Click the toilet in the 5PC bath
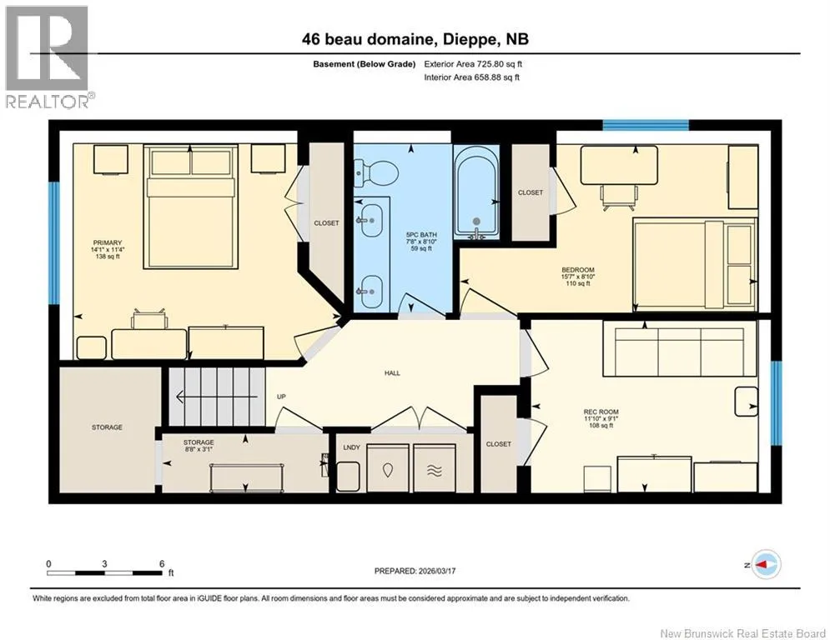click(376, 173)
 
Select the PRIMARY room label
click(107, 242)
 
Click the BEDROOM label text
click(578, 270)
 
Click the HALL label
click(392, 372)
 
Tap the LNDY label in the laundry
click(351, 447)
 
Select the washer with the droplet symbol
click(388, 467)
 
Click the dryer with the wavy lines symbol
click(434, 467)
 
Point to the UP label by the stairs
click(282, 397)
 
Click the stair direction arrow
click(217, 397)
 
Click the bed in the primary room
click(190, 207)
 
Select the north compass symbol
click(764, 564)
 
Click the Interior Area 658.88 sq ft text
click(471, 77)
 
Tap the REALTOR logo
click(48, 57)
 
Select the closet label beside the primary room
click(326, 223)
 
